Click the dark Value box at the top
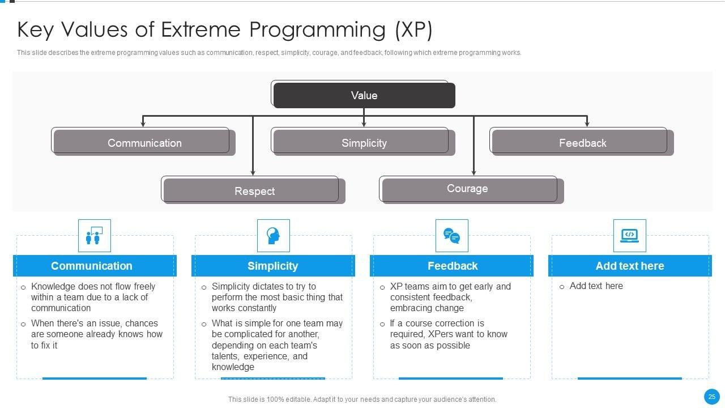[364, 95]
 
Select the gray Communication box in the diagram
[144, 143]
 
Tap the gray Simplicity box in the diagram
[364, 143]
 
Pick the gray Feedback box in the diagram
[583, 143]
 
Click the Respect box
[254, 191]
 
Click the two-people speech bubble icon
[94, 235]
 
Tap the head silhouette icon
[273, 235]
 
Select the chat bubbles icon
[451, 236]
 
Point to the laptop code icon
[629, 235]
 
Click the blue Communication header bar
[95, 266]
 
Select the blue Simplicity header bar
[273, 266]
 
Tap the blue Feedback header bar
[451, 266]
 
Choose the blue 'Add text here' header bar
[630, 266]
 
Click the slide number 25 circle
[712, 397]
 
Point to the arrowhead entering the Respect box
[253, 173]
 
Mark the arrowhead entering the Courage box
[474, 173]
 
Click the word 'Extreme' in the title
[201, 29]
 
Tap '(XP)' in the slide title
[413, 31]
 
